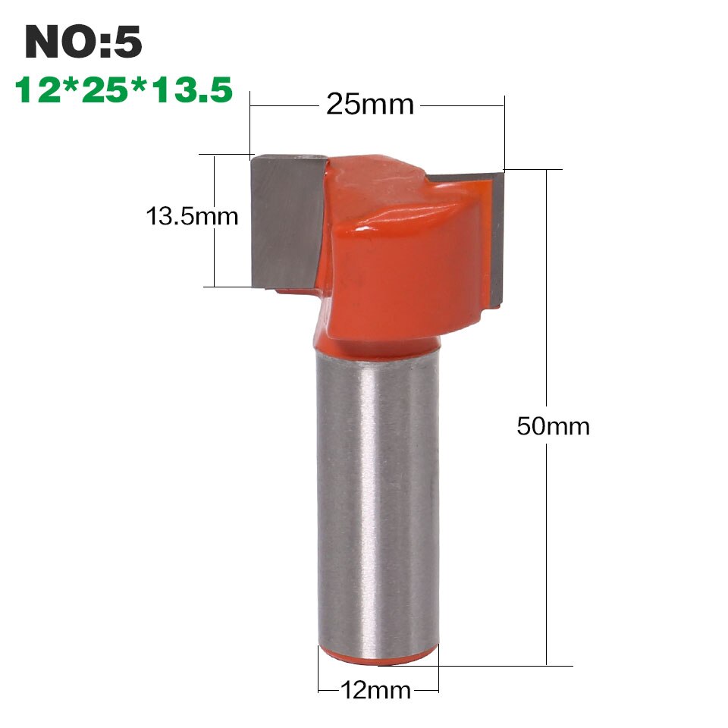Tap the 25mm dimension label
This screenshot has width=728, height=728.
click(370, 104)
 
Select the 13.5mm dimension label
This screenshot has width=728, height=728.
click(192, 217)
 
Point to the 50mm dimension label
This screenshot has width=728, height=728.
click(553, 426)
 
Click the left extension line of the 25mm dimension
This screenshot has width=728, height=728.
click(250, 129)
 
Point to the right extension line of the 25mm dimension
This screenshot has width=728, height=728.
click(504, 133)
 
